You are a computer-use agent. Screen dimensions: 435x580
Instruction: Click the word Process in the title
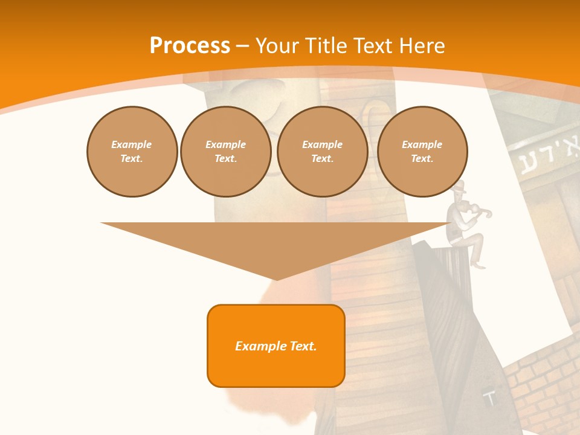[x=190, y=46]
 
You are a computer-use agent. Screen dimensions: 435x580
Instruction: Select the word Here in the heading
[x=422, y=46]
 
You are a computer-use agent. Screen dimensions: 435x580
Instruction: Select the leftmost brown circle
[x=132, y=151]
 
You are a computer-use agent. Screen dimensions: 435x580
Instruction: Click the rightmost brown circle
[x=422, y=151]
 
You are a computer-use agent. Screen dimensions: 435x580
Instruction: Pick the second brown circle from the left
[x=225, y=151]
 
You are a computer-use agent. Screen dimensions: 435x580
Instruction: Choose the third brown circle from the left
[x=322, y=151]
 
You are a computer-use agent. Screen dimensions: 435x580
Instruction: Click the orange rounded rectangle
[x=275, y=346]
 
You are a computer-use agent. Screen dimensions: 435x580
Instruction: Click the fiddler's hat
[x=459, y=186]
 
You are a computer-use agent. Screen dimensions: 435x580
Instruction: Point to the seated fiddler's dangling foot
[x=478, y=264]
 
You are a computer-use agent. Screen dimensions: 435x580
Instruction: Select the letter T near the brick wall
[x=491, y=398]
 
